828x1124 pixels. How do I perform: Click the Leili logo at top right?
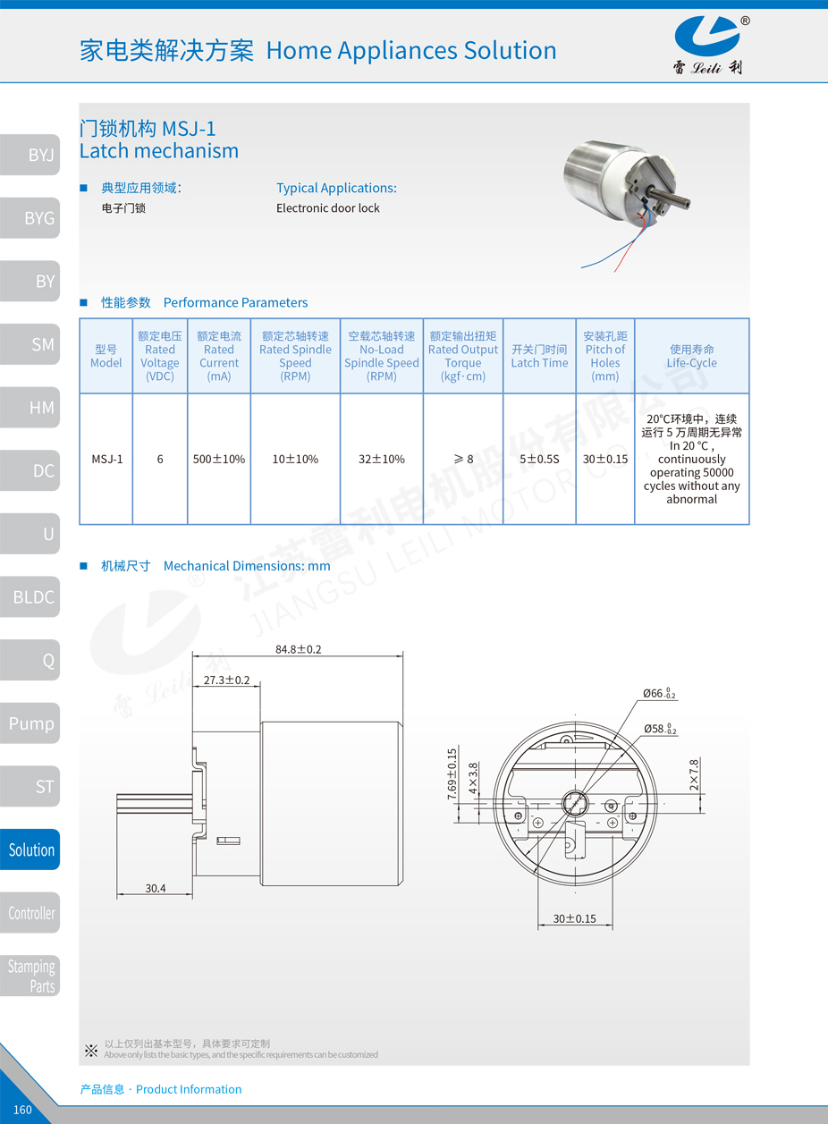coord(707,45)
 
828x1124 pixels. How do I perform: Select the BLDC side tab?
coord(32,597)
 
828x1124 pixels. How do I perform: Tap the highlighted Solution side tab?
coord(31,849)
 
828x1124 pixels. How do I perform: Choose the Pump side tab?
coord(31,723)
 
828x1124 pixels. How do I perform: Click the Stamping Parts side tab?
coord(32,976)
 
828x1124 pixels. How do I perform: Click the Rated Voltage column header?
coord(160,356)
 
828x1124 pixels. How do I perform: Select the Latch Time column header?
coord(539,356)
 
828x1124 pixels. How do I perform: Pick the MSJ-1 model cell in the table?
coord(106,459)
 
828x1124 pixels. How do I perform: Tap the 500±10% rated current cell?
coord(219,459)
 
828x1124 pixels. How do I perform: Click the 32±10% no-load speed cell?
coord(382,459)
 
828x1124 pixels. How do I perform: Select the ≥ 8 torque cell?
coord(463,459)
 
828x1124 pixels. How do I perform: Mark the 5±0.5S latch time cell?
coord(539,459)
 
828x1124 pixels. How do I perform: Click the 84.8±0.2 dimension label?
coord(298,649)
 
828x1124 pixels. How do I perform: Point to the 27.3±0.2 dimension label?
coord(226,680)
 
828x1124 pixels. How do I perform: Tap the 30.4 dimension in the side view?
coord(156,888)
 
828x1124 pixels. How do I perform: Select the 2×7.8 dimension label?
coord(694,776)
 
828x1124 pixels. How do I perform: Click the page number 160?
coord(22,1110)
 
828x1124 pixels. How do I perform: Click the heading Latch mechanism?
coord(159,151)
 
